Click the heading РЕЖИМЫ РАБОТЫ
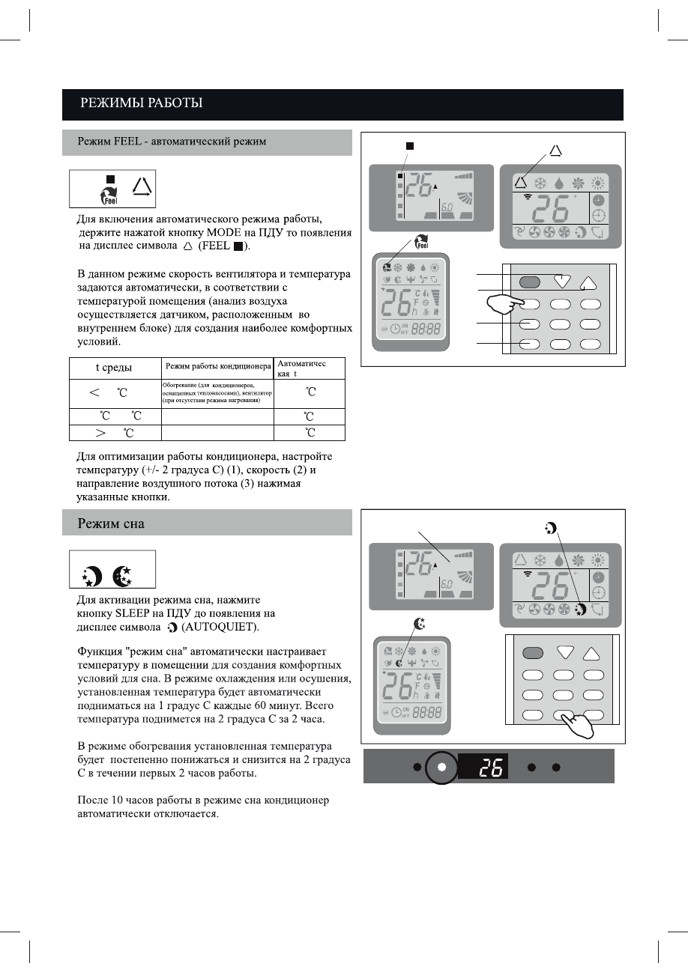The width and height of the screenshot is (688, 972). (x=142, y=103)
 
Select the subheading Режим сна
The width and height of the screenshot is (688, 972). (x=111, y=524)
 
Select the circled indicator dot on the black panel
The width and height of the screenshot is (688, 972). (x=442, y=768)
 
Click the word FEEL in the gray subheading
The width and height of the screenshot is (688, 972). (x=128, y=142)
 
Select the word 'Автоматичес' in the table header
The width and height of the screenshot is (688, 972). (x=302, y=363)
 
